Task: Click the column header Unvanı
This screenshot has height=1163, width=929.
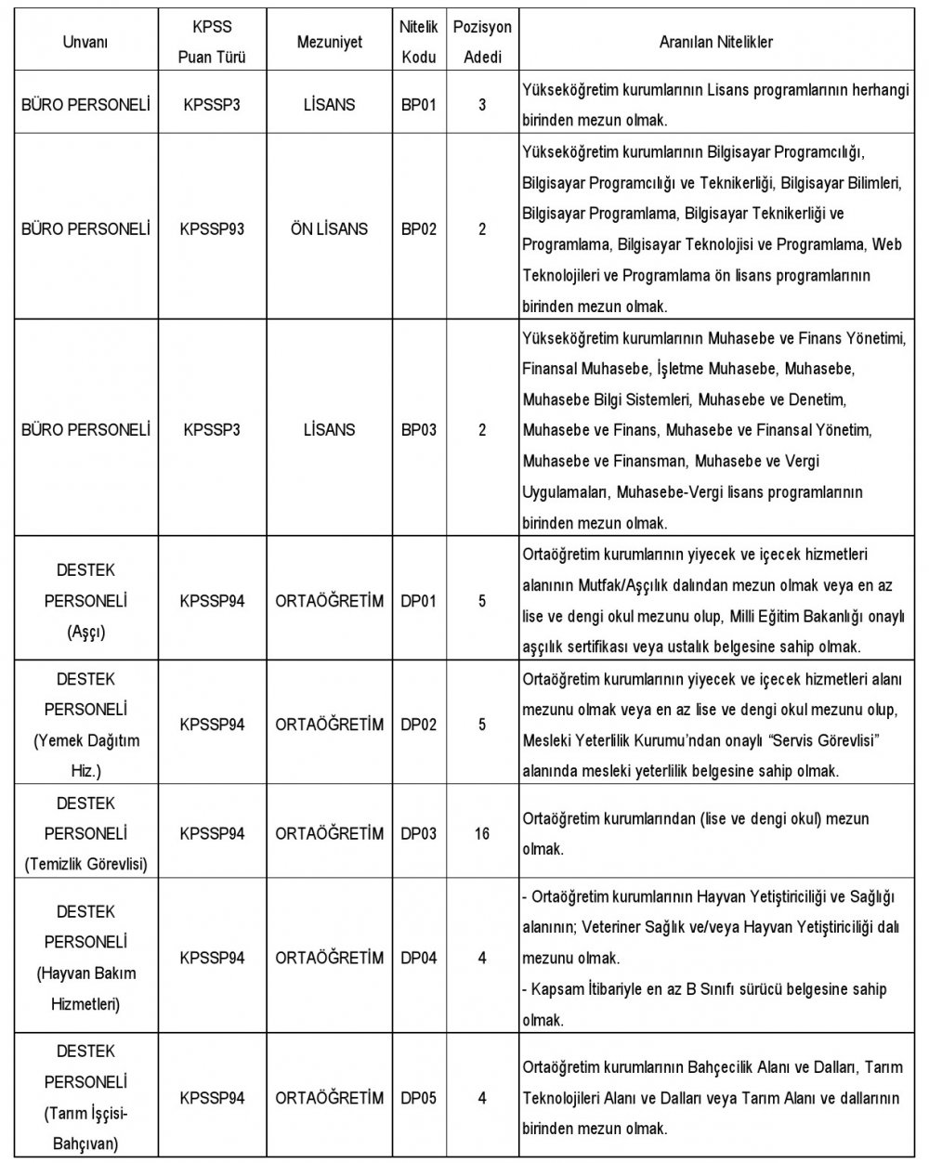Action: (x=85, y=43)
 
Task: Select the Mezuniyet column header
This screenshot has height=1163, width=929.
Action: (x=329, y=43)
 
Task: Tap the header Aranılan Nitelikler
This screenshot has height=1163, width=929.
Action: (x=716, y=42)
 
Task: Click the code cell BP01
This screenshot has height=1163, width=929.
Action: (x=418, y=105)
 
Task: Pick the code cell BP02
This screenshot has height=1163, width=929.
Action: (x=418, y=229)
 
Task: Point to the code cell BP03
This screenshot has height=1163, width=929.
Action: (x=418, y=430)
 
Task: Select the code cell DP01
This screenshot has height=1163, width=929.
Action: (x=418, y=601)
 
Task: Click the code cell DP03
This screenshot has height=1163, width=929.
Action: (x=418, y=833)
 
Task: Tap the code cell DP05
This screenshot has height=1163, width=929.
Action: (x=418, y=1097)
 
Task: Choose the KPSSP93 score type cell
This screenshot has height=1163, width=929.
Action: (x=212, y=229)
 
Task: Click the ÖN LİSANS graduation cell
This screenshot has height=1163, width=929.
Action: (x=329, y=229)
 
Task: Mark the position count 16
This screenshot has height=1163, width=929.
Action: (x=481, y=833)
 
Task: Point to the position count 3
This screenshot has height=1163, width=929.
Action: (x=482, y=105)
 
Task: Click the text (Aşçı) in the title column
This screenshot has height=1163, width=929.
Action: (x=85, y=632)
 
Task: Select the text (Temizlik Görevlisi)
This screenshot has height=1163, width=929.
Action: (x=85, y=864)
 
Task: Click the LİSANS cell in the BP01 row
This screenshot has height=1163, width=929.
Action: (x=329, y=105)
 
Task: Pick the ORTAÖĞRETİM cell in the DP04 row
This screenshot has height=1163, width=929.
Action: (x=329, y=958)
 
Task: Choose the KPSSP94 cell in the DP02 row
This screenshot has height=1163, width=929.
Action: (x=212, y=724)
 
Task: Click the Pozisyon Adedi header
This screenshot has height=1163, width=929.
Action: (x=482, y=43)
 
